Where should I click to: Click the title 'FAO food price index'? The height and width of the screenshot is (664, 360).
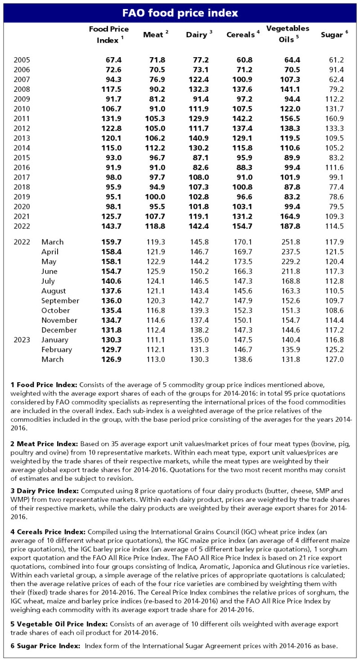(180, 13)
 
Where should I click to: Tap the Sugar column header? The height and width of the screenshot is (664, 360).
(334, 35)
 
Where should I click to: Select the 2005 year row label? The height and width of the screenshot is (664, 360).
(22, 59)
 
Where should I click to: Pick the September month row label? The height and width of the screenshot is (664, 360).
(60, 301)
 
